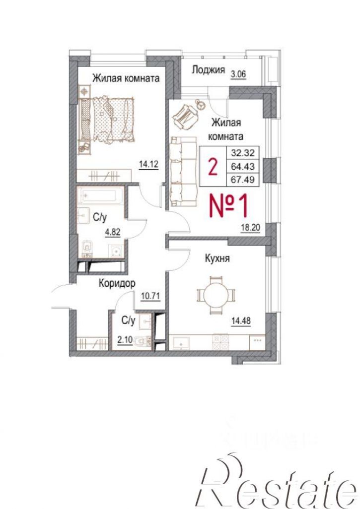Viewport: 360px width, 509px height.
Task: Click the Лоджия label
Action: pos(208,70)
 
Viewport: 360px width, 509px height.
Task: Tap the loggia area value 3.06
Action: pos(238,74)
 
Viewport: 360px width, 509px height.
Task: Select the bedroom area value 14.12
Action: pos(148,164)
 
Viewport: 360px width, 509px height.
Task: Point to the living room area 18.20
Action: pos(250,227)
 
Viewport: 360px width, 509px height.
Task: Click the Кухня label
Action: pos(217,258)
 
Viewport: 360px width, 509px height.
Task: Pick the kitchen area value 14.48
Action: pos(241,320)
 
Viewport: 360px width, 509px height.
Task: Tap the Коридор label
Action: pos(117,283)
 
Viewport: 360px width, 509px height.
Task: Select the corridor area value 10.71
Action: pos(150,296)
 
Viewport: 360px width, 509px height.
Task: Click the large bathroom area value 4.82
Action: pos(112,232)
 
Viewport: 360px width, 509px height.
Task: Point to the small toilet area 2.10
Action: pos(125,340)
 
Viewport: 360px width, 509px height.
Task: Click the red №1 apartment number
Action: pos(229,206)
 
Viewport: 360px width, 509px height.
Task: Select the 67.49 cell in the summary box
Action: pos(242,179)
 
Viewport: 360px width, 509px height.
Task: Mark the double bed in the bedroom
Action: pos(107,120)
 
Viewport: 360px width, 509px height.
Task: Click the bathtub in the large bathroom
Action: pos(100,195)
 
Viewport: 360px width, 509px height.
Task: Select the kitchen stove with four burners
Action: pos(220,342)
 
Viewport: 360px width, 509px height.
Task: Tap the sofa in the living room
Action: pos(183,171)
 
